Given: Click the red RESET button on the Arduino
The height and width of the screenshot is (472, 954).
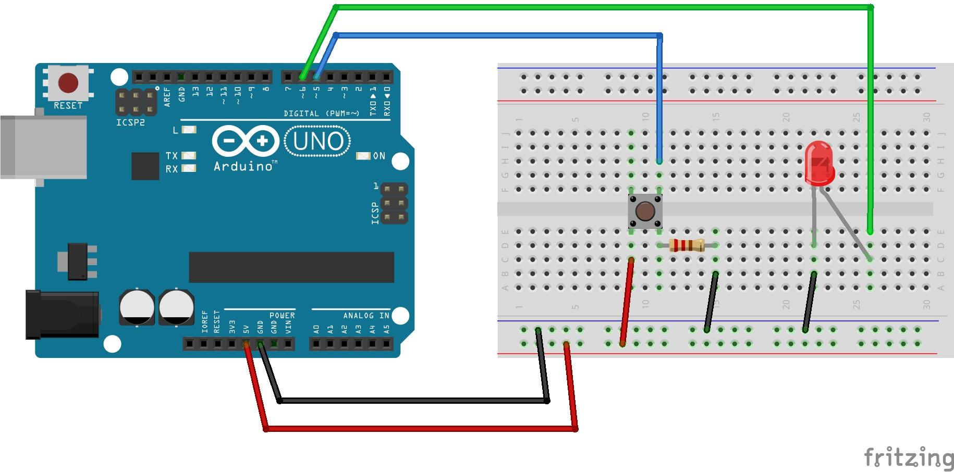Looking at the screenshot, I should (x=68, y=83).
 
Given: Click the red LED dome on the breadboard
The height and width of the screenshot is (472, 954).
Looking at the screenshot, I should (x=819, y=163).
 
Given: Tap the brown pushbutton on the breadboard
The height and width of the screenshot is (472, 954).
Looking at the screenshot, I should (x=645, y=212).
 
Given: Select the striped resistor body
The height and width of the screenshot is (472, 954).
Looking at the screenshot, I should (x=686, y=245).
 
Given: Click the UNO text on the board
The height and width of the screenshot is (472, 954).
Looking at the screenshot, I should (x=318, y=141).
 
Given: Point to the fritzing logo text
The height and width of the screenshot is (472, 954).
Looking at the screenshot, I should (x=908, y=457).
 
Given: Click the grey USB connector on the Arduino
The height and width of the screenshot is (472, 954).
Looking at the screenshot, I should (x=43, y=147).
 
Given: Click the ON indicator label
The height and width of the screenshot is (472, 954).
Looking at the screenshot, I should (x=379, y=156).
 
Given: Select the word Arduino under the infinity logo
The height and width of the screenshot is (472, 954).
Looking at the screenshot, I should (x=243, y=166).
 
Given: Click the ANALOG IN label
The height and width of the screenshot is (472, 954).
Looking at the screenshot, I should (x=366, y=315).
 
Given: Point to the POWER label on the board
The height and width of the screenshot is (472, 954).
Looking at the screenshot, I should (x=282, y=315).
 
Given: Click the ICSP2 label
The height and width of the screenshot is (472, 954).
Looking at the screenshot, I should (x=130, y=122).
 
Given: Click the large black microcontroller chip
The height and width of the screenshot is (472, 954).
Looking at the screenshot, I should (x=291, y=267).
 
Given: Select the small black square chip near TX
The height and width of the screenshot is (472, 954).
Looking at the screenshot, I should (x=145, y=166).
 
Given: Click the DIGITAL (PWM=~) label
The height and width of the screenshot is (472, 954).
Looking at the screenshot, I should (x=322, y=113).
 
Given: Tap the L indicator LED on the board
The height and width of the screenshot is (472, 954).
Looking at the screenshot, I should (x=189, y=130).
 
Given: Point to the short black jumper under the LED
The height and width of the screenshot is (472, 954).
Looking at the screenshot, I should (x=810, y=302).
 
